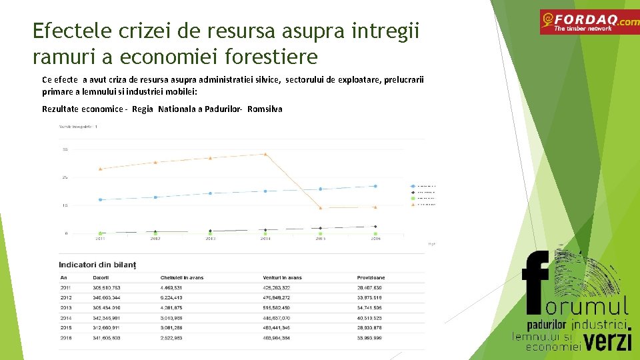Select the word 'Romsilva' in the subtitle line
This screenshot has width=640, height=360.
(x=265, y=109)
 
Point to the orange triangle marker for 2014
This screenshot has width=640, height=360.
(x=265, y=154)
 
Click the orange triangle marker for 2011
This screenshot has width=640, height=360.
(x=101, y=169)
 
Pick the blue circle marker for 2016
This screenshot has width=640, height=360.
(x=375, y=186)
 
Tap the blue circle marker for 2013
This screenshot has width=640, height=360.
(x=210, y=193)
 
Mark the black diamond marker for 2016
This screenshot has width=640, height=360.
(x=375, y=227)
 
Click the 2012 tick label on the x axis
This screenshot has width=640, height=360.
(x=155, y=238)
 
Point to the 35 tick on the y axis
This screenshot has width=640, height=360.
(x=65, y=149)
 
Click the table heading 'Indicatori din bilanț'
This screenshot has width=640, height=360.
(x=97, y=265)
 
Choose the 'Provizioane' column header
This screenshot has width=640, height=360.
(x=371, y=277)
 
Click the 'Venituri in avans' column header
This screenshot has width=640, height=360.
(x=282, y=277)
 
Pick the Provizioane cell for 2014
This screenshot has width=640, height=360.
(x=369, y=318)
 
